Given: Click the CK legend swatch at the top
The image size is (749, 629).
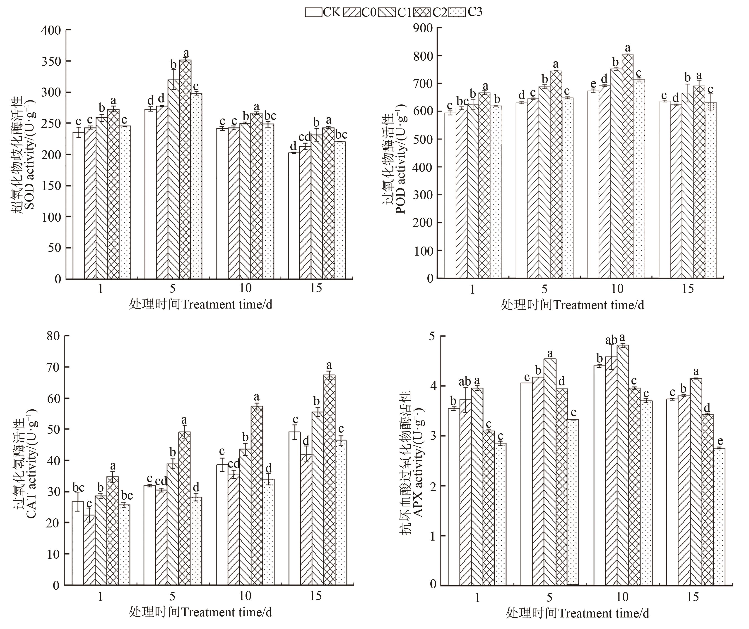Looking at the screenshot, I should [x=313, y=12].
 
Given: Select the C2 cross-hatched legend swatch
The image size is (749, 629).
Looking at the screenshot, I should [x=423, y=12].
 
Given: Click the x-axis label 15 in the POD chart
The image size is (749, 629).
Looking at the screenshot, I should [x=688, y=288].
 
